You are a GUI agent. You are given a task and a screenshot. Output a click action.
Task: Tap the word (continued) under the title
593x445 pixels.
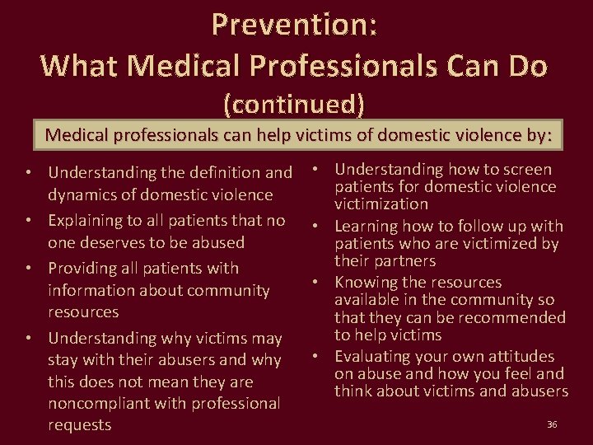click(294, 104)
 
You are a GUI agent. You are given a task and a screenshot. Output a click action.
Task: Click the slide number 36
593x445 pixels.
click(552, 424)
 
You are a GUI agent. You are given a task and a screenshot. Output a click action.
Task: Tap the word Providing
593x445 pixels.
click(85, 269)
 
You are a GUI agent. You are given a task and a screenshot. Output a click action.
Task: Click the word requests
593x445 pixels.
click(80, 425)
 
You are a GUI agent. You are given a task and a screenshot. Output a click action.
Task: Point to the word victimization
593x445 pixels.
click(381, 204)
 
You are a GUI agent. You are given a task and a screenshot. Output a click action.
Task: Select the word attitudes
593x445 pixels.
click(521, 357)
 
